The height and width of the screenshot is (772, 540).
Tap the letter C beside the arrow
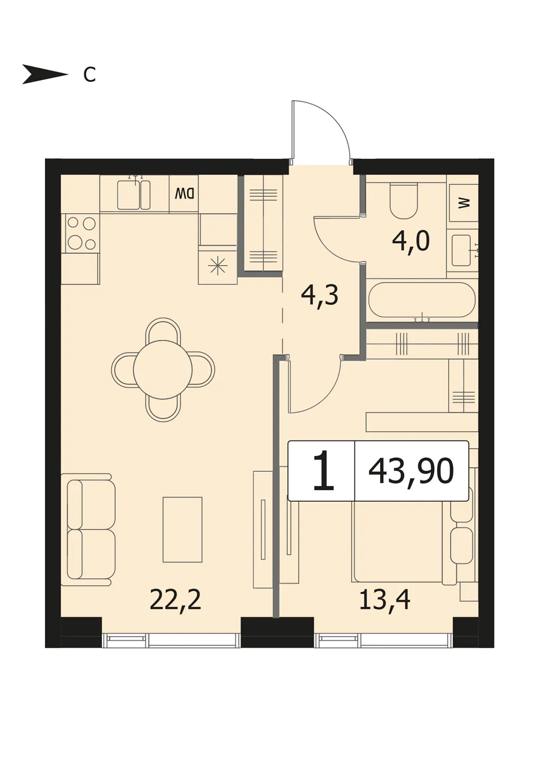[89, 75]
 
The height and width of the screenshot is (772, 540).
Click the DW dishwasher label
[184, 194]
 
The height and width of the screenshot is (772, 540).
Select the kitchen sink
[134, 195]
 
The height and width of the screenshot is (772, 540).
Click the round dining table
[163, 370]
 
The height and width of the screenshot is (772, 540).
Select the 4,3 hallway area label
[319, 295]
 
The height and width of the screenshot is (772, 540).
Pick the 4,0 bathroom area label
[411, 242]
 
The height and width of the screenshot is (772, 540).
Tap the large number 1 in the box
[323, 470]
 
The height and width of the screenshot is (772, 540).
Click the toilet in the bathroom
[404, 201]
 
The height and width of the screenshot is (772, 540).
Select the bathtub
[422, 300]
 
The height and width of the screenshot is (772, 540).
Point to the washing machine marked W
[463, 203]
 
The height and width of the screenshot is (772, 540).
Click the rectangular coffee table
[182, 530]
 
